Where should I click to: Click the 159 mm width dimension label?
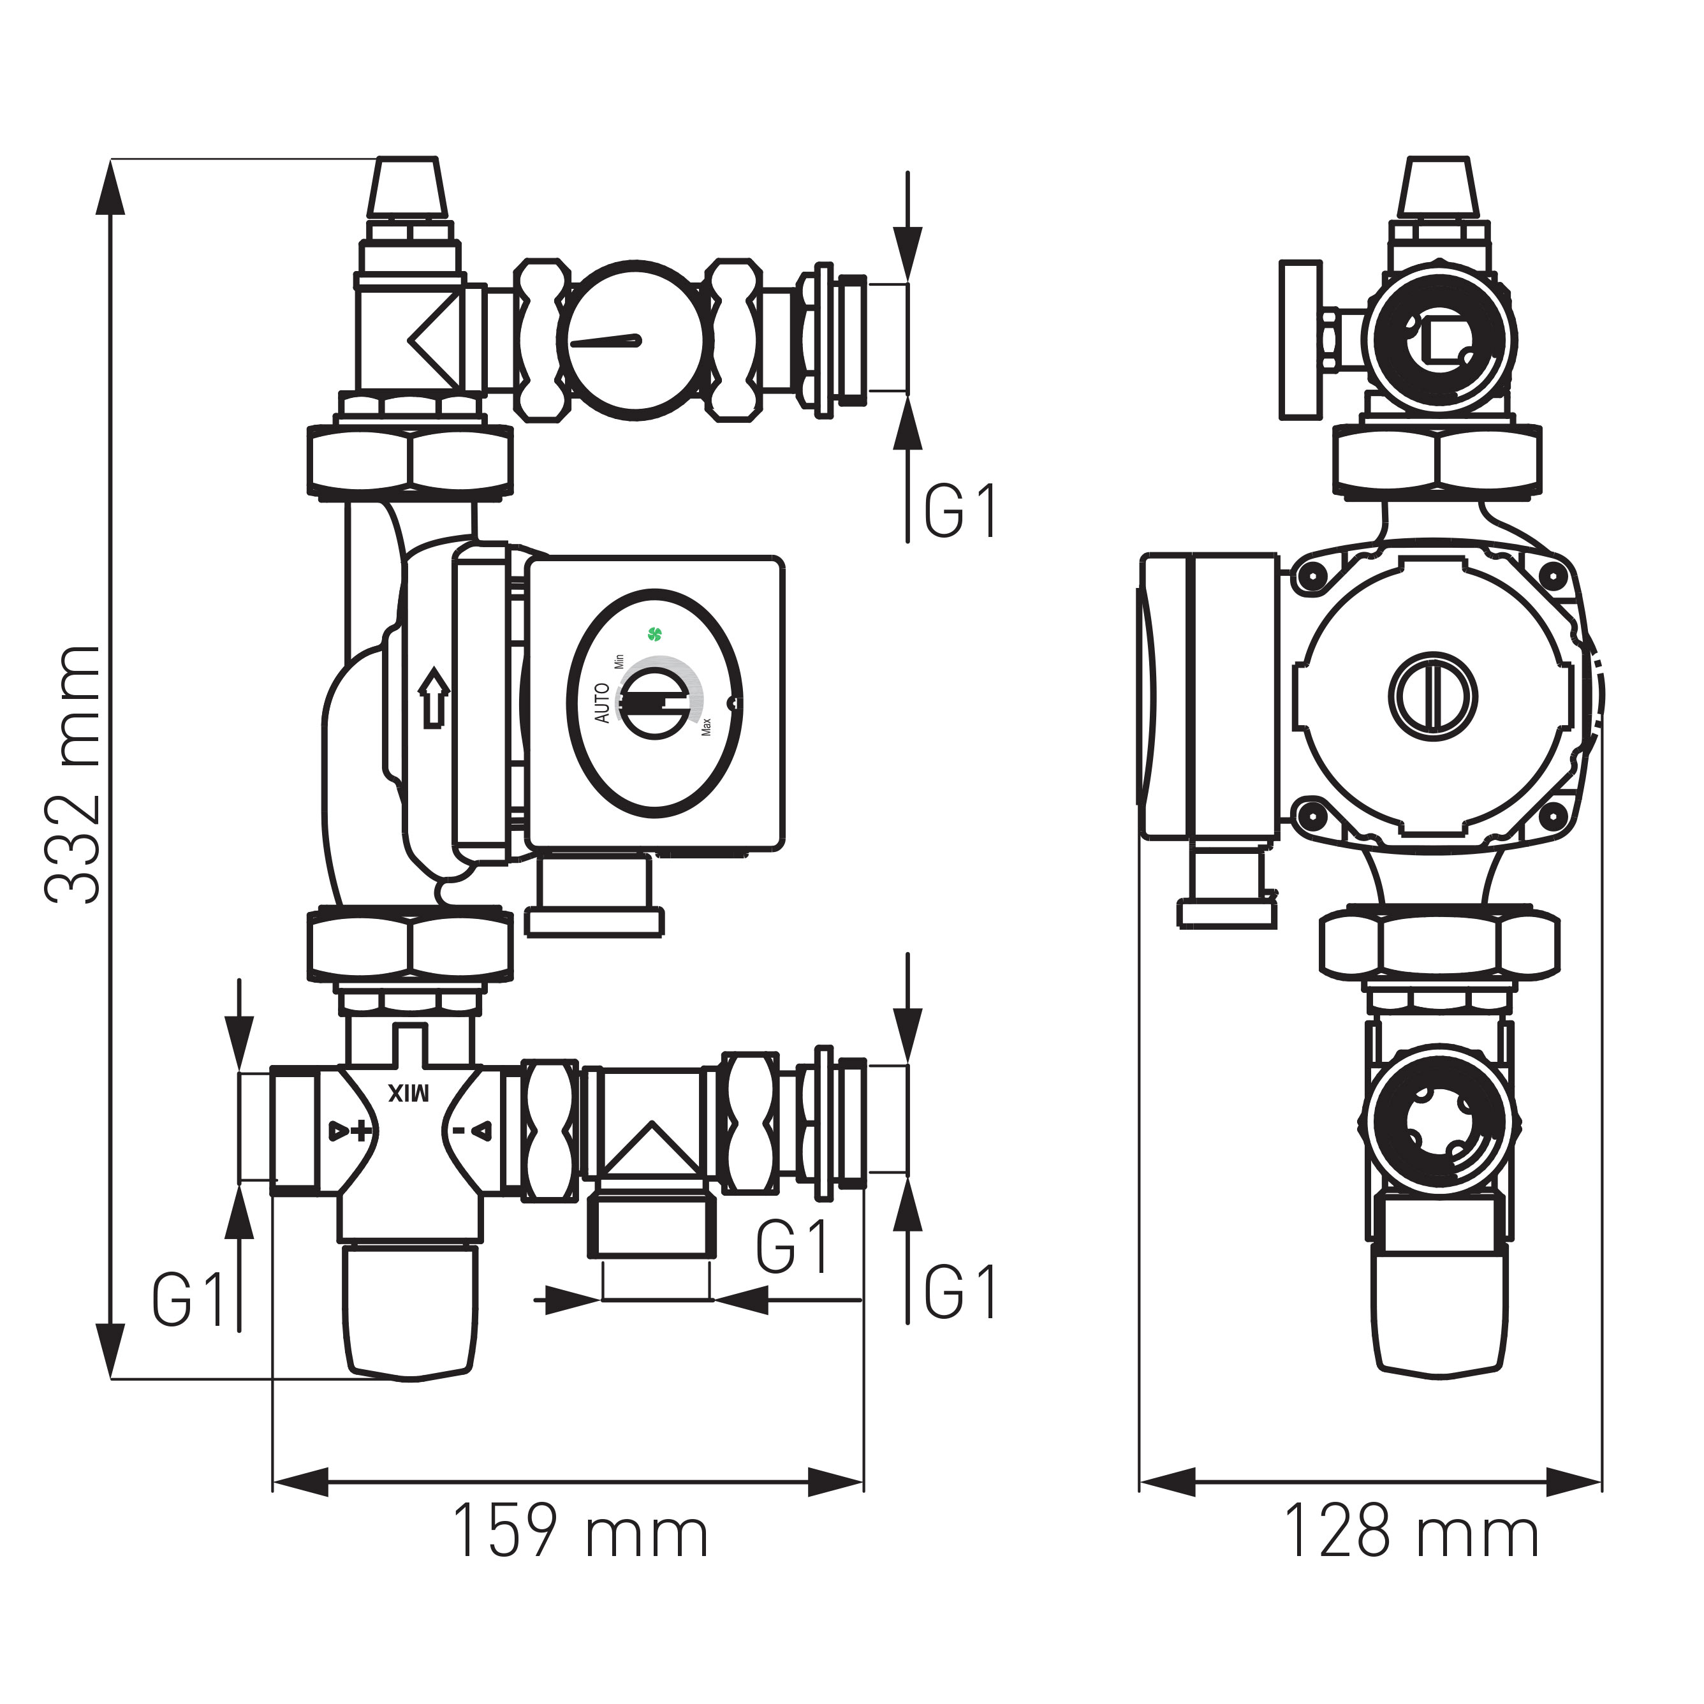pos(580,1532)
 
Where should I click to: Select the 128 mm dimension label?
pos(1411,1532)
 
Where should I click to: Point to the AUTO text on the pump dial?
pos(603,703)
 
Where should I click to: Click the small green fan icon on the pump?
pos(654,633)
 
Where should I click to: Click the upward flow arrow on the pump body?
pos(433,697)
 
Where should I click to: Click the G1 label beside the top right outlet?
pos(960,511)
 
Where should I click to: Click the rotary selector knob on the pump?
pos(656,703)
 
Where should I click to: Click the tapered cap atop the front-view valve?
pos(407,187)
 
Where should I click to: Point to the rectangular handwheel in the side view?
pos(1301,339)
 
